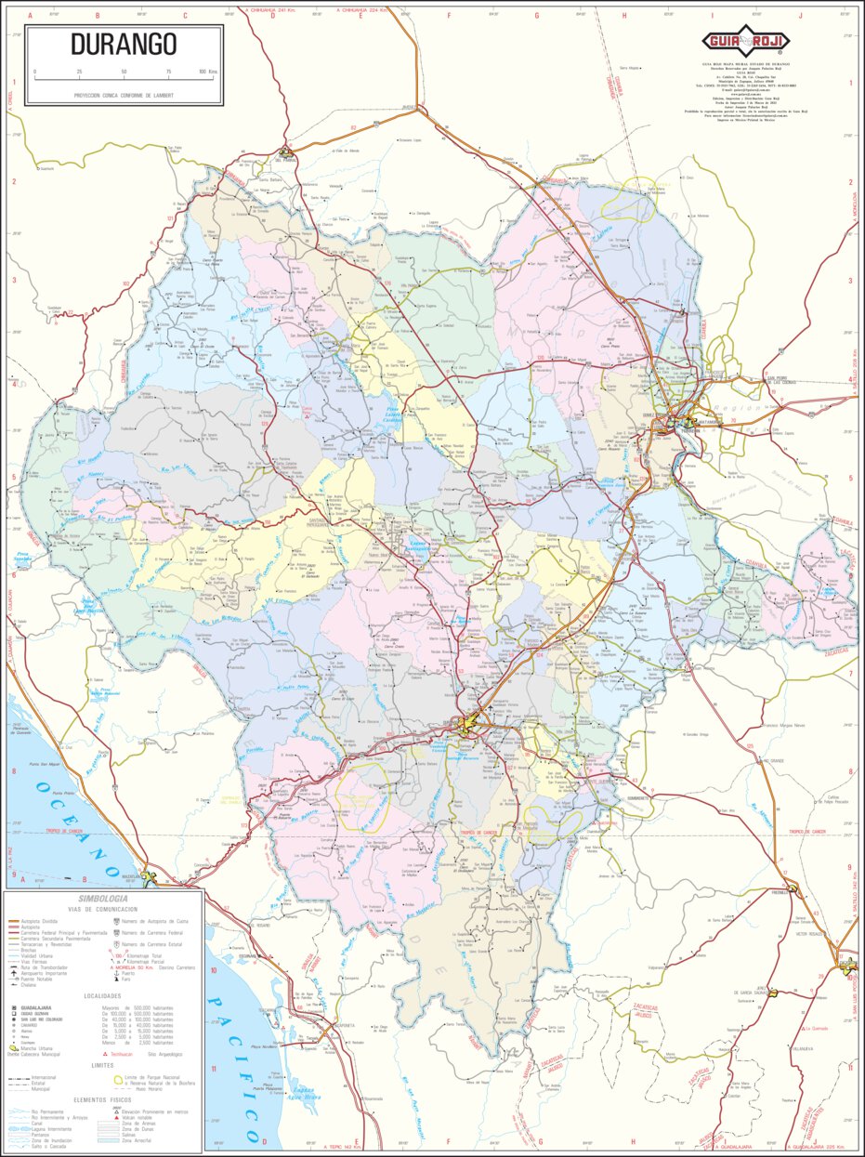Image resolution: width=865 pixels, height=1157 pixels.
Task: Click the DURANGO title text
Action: coord(124,45)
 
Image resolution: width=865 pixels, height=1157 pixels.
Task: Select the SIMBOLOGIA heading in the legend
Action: coord(103,899)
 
